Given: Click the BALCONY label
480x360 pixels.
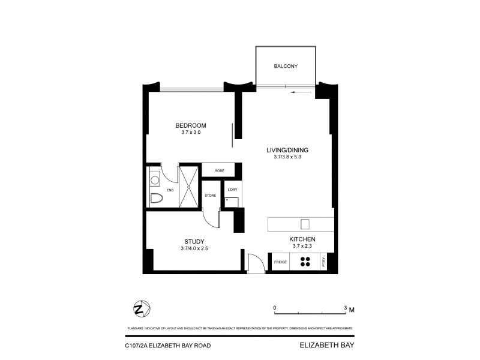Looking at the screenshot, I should click(286, 66).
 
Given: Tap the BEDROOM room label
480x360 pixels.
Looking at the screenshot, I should click(191, 125).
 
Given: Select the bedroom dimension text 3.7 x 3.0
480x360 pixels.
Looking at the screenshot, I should click(191, 133).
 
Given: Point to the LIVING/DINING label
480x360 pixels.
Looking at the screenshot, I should click(290, 150).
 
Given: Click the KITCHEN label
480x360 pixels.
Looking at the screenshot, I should click(302, 239).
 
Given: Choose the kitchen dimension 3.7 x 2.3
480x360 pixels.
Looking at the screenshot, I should click(302, 246).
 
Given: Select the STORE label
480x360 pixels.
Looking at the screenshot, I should click(210, 196).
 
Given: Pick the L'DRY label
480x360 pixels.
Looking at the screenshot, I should click(232, 190).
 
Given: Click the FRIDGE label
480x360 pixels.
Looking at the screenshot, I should click(280, 262).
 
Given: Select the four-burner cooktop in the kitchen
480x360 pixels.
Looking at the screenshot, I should click(305, 262).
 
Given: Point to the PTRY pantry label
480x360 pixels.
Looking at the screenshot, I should click(324, 262).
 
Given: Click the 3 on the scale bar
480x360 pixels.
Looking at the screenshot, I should click(345, 307).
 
